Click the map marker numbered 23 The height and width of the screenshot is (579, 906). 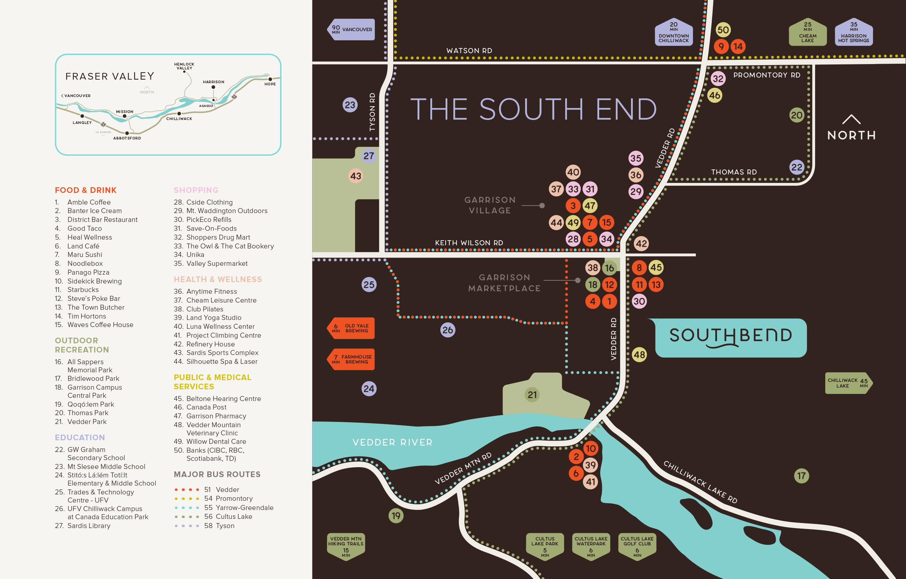click(x=350, y=105)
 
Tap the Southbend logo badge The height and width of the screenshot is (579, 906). click(x=730, y=338)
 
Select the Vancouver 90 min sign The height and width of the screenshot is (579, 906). click(x=351, y=29)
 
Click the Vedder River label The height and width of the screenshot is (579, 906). click(x=392, y=442)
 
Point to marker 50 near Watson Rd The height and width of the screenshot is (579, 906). click(x=723, y=30)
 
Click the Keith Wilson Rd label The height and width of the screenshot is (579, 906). click(x=469, y=243)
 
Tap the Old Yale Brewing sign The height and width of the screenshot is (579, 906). click(x=351, y=328)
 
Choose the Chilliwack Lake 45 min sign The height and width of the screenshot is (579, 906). click(x=848, y=383)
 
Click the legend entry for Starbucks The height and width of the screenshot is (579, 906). click(x=83, y=290)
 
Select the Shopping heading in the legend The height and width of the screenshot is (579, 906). click(x=196, y=190)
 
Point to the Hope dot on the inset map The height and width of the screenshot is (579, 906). click(x=270, y=79)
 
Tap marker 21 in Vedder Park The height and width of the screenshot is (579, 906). click(x=532, y=395)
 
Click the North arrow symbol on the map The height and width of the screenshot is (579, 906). click(x=851, y=120)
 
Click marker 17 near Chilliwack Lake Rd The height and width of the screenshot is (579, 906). click(x=801, y=476)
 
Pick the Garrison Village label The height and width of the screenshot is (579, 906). click(x=489, y=205)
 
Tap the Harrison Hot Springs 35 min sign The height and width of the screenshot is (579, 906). click(x=853, y=32)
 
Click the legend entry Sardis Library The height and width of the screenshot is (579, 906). click(x=89, y=526)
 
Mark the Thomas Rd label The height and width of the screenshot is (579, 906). click(x=734, y=172)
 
